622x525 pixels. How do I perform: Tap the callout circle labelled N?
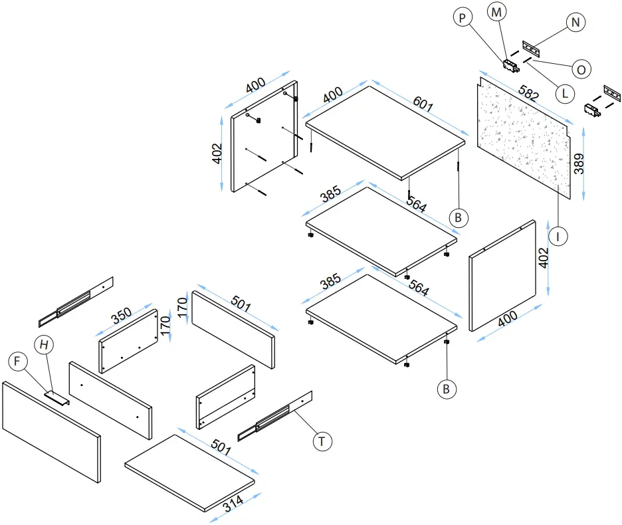tap(576, 22)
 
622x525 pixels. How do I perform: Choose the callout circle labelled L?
tap(564, 93)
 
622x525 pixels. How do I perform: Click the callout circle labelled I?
tap(559, 235)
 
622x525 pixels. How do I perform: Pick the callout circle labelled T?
tap(322, 441)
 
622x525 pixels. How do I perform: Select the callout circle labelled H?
tap(45, 344)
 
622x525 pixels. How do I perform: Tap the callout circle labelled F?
tap(18, 362)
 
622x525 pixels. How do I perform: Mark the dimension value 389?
tap(580, 163)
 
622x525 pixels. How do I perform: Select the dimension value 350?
tap(121, 316)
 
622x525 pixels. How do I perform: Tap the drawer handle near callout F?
tap(56, 398)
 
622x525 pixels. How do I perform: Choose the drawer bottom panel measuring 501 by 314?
tap(190, 472)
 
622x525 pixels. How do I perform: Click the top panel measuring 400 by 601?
tap(385, 130)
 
